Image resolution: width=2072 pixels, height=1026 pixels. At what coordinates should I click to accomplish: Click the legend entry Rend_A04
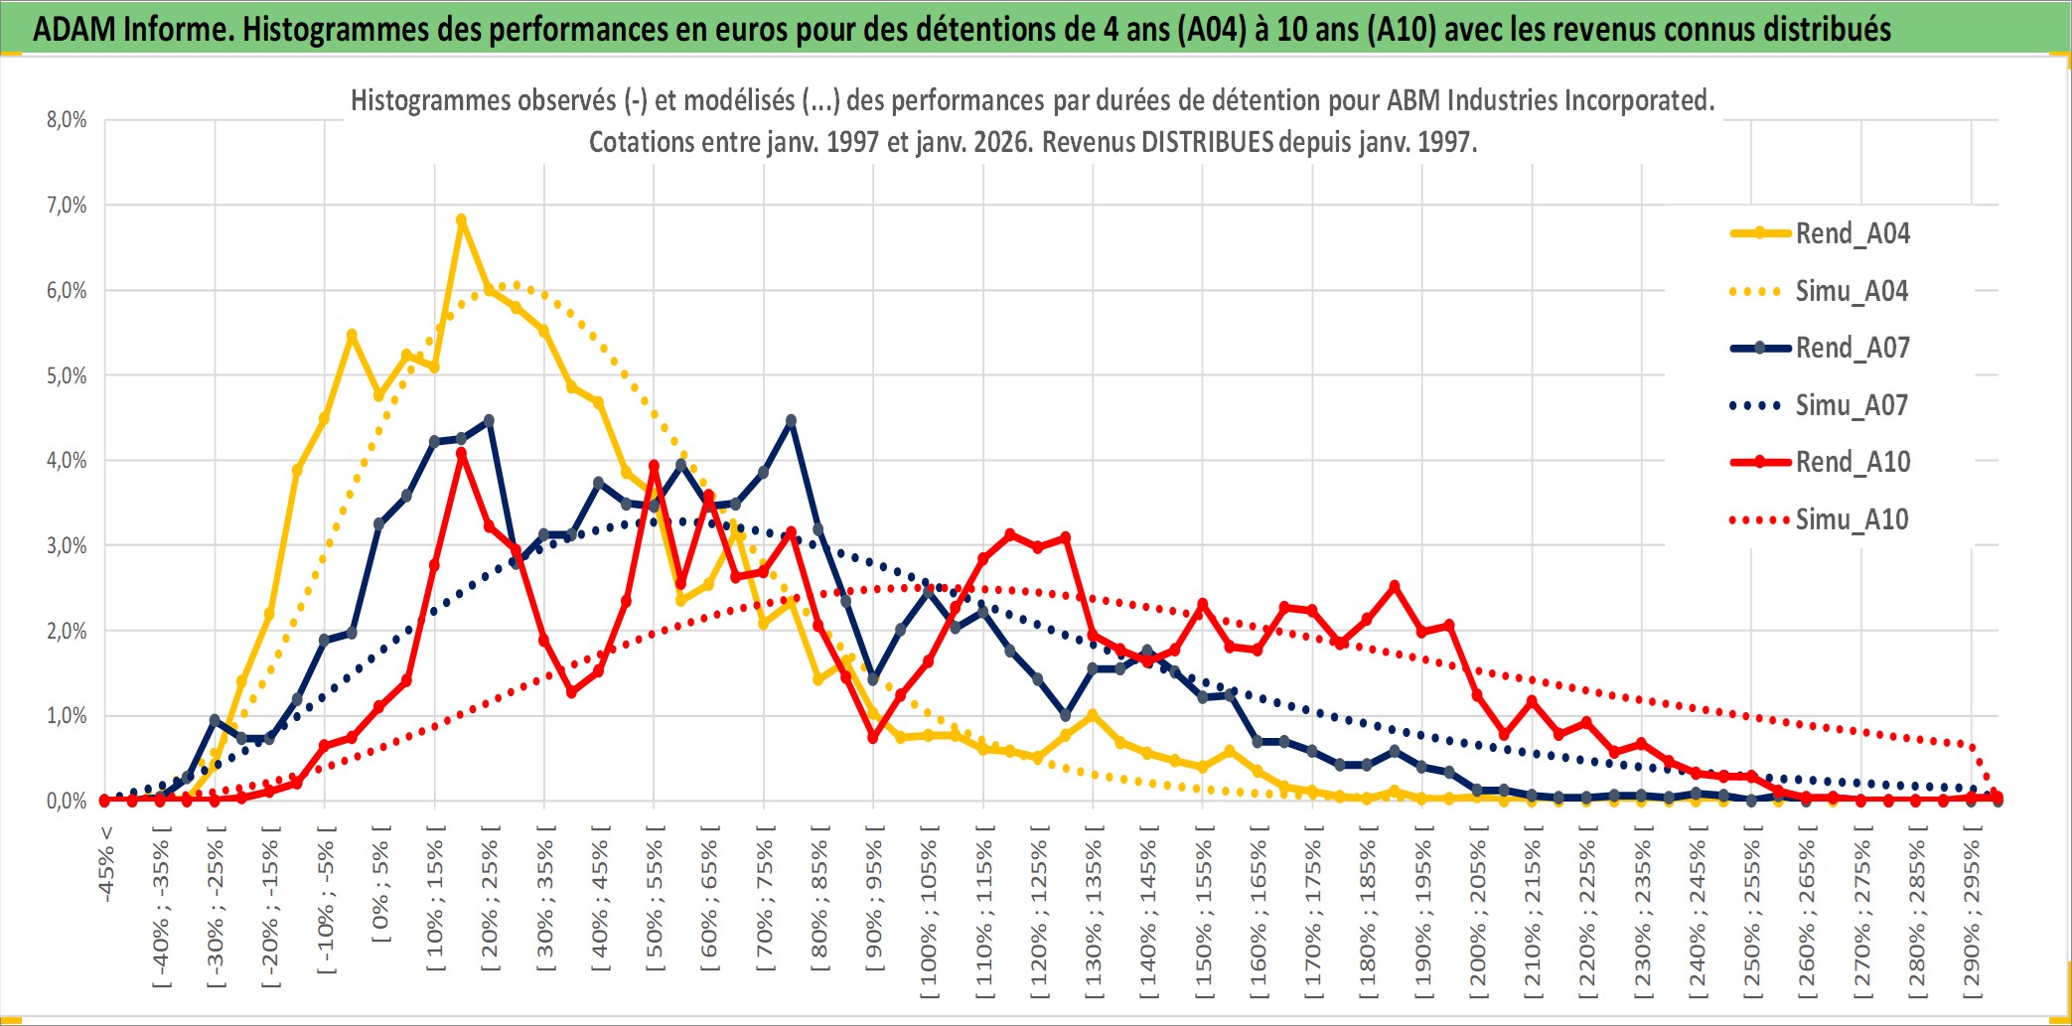pyautogui.click(x=1851, y=233)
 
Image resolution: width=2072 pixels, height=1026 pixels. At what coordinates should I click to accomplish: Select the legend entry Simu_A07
pyautogui.click(x=1851, y=405)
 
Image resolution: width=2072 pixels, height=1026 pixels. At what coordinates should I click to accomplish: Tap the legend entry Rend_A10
pyautogui.click(x=1852, y=462)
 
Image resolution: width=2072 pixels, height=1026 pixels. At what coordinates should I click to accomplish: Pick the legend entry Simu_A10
pyautogui.click(x=1851, y=519)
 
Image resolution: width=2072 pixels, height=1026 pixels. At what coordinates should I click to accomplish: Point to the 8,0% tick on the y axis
pyautogui.click(x=67, y=120)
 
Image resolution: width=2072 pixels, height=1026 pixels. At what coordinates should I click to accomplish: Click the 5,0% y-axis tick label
pyautogui.click(x=67, y=375)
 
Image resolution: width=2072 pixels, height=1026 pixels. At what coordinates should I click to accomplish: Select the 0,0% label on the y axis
pyautogui.click(x=67, y=801)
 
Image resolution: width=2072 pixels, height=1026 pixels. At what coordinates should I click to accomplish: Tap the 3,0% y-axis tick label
pyautogui.click(x=67, y=545)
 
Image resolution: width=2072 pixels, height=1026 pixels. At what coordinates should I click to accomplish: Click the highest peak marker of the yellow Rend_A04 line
pyautogui.click(x=461, y=220)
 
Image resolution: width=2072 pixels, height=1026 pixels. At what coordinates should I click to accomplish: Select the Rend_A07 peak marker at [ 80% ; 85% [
pyautogui.click(x=791, y=421)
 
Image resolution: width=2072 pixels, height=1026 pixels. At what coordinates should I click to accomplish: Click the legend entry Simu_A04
pyautogui.click(x=1851, y=291)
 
